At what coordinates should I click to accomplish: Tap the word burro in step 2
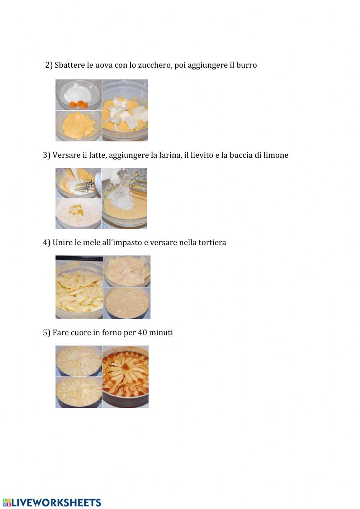tap(247, 65)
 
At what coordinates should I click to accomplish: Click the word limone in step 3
tap(276, 155)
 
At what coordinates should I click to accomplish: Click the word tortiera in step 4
tap(212, 242)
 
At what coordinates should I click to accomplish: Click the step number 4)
tap(46, 242)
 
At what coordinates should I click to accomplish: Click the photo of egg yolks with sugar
tap(78, 95)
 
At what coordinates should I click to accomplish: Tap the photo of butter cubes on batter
tap(125, 110)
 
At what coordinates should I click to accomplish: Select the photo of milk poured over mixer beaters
tap(78, 183)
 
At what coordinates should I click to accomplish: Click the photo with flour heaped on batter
tap(124, 198)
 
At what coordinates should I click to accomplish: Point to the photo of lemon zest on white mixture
tap(78, 214)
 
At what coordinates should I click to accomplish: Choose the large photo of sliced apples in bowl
tap(79, 287)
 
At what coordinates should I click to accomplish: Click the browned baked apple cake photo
tap(125, 377)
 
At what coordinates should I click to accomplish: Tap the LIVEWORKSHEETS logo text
tap(56, 503)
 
